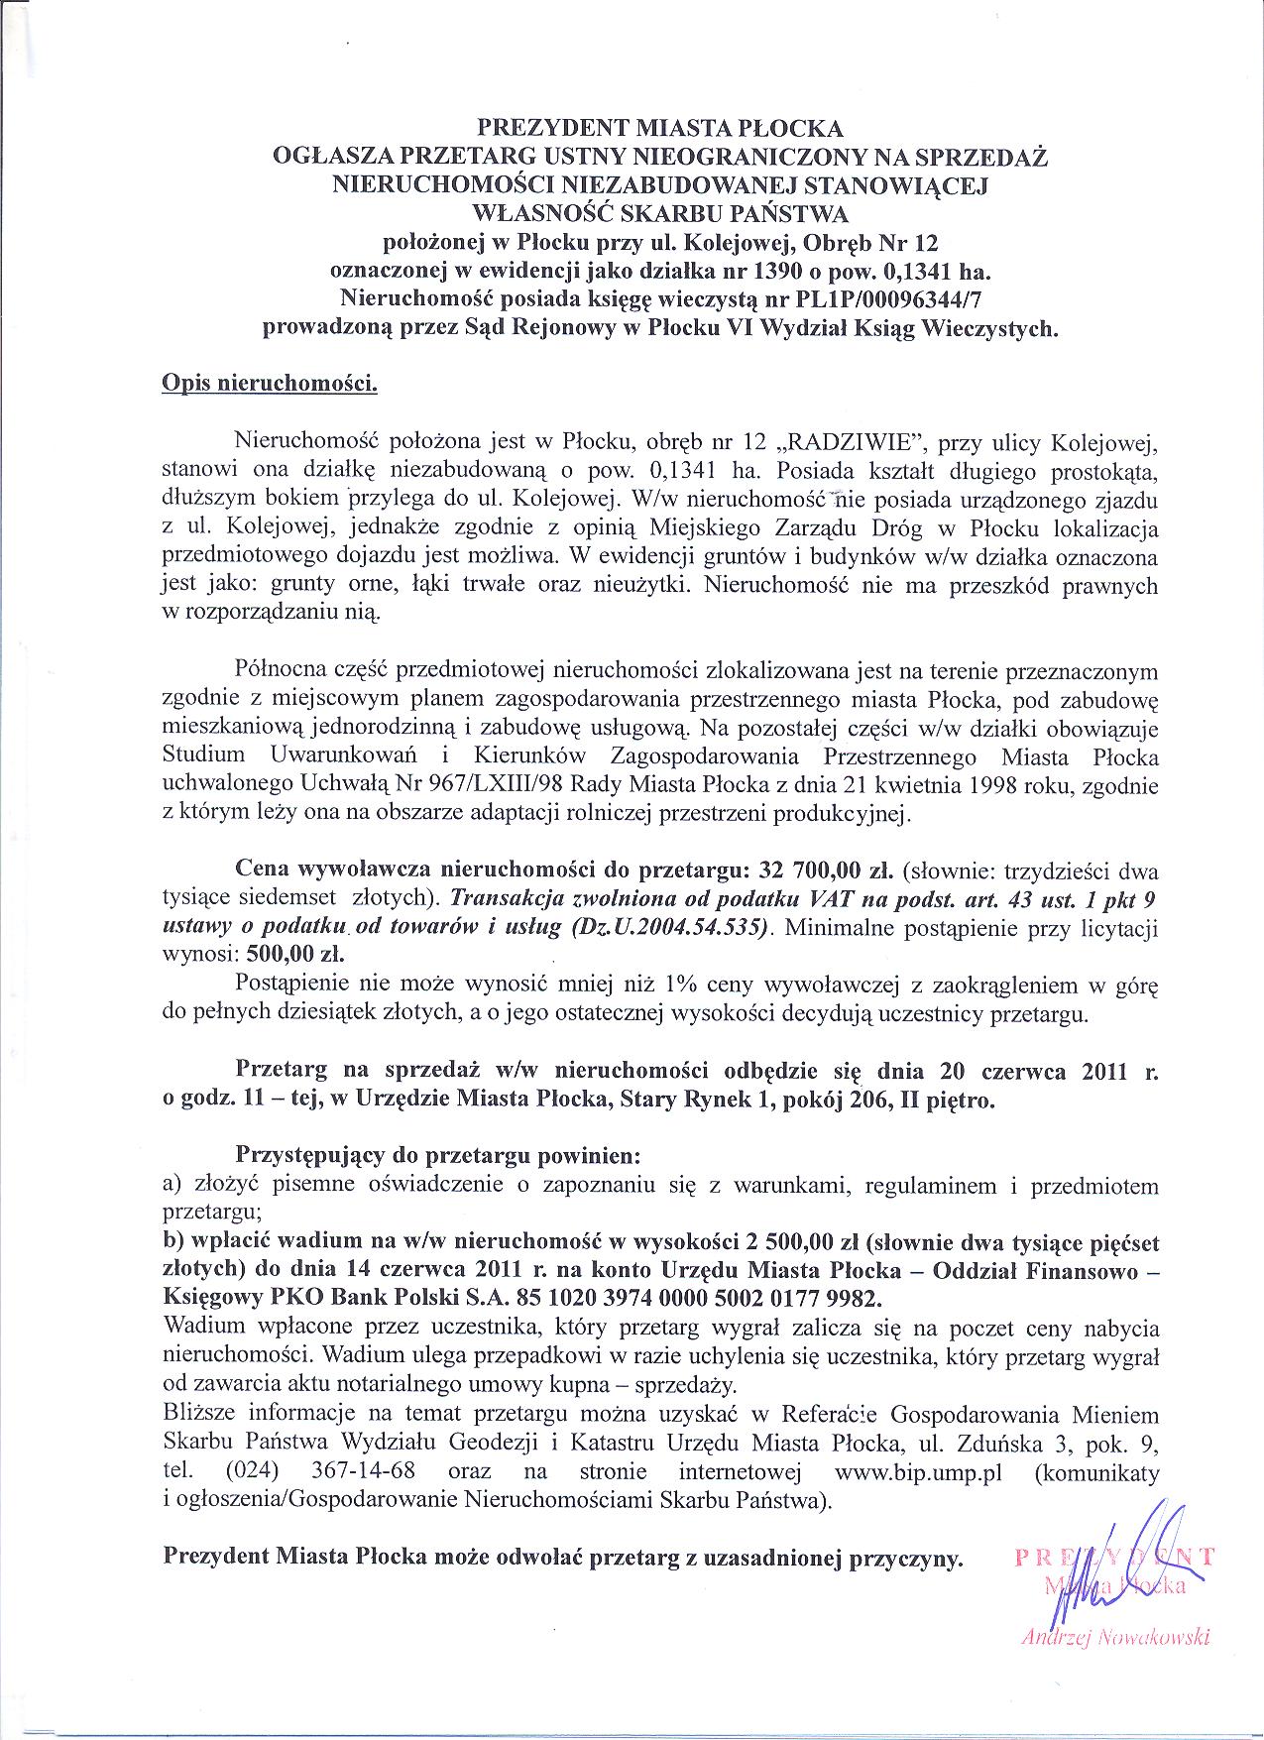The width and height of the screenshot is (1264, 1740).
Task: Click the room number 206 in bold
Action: click(858, 1100)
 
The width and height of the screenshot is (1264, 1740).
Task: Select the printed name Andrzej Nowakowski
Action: click(1115, 1638)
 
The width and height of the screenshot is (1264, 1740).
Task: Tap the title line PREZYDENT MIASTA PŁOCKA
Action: click(660, 128)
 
